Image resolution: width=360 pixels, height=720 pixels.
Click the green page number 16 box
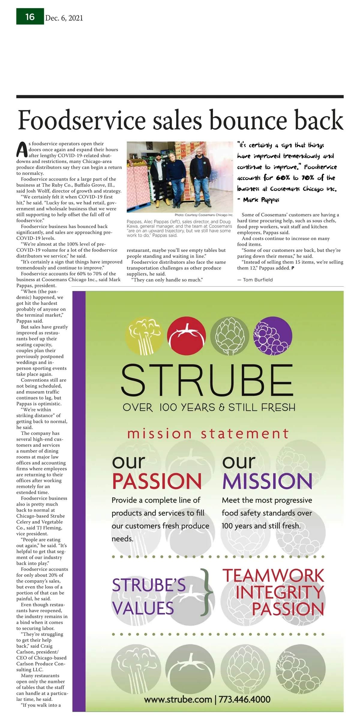(30, 17)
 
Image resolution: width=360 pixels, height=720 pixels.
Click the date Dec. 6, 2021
(64, 18)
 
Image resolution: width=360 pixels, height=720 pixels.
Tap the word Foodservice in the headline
(82, 120)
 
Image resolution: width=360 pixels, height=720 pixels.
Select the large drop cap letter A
(22, 149)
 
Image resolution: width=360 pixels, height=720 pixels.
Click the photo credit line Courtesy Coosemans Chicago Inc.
(204, 215)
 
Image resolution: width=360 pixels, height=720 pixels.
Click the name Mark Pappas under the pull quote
(261, 200)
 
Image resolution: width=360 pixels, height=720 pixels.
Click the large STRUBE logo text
(207, 381)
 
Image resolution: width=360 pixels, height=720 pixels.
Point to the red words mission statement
(208, 434)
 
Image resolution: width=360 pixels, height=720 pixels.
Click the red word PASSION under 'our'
(157, 481)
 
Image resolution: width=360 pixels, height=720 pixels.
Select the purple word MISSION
(267, 481)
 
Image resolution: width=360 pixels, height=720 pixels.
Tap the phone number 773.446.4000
(244, 700)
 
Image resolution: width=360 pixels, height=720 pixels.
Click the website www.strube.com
(178, 700)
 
